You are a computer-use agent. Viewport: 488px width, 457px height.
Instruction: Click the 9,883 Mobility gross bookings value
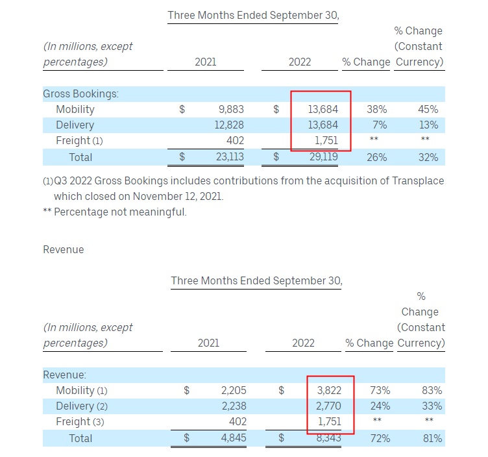(x=230, y=110)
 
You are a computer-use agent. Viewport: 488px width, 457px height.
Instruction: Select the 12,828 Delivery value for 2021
(x=228, y=125)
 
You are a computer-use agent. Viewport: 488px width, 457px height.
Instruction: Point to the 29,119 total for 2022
(x=323, y=157)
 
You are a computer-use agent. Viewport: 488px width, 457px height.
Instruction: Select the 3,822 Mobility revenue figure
(x=326, y=391)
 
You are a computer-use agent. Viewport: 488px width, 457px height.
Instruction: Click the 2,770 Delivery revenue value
(x=326, y=406)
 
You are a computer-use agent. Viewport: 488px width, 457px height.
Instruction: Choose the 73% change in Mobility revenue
(x=380, y=391)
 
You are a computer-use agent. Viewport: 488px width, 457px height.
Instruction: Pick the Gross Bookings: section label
(x=81, y=93)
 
